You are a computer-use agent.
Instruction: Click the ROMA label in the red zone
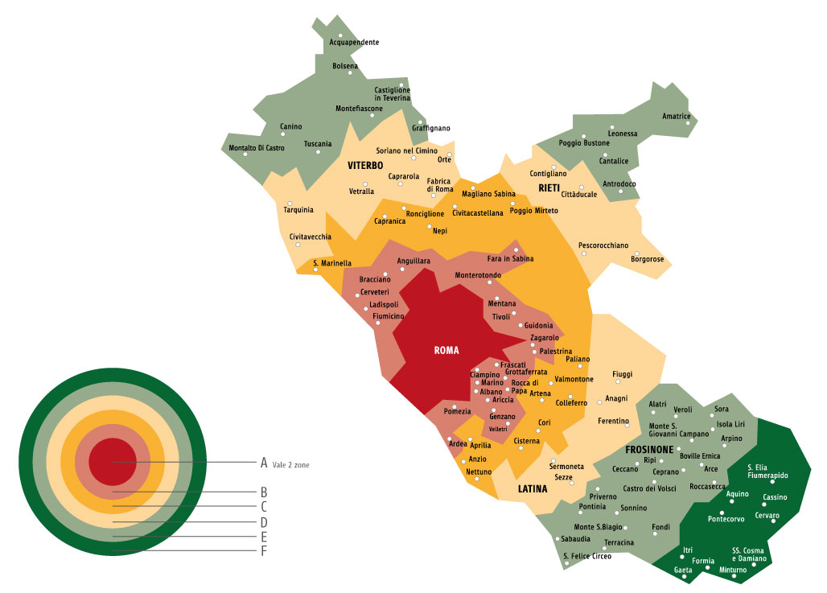tap(446, 350)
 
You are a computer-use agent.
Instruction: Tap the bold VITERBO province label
tap(366, 166)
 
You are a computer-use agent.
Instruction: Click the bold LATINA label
tap(532, 488)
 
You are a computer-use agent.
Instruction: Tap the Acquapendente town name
tap(354, 42)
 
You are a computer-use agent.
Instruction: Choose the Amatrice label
tap(677, 116)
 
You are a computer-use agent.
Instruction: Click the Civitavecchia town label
tap(311, 237)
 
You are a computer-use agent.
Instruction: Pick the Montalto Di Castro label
tap(257, 148)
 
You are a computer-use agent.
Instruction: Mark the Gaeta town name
tap(683, 570)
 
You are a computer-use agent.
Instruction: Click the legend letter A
tap(263, 463)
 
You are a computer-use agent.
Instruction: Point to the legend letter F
tap(263, 551)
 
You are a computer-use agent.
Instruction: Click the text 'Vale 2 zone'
tap(290, 465)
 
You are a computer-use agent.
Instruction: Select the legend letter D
tap(263, 522)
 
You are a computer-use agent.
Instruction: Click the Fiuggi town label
tap(622, 374)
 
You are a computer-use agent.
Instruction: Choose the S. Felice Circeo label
tap(586, 556)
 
